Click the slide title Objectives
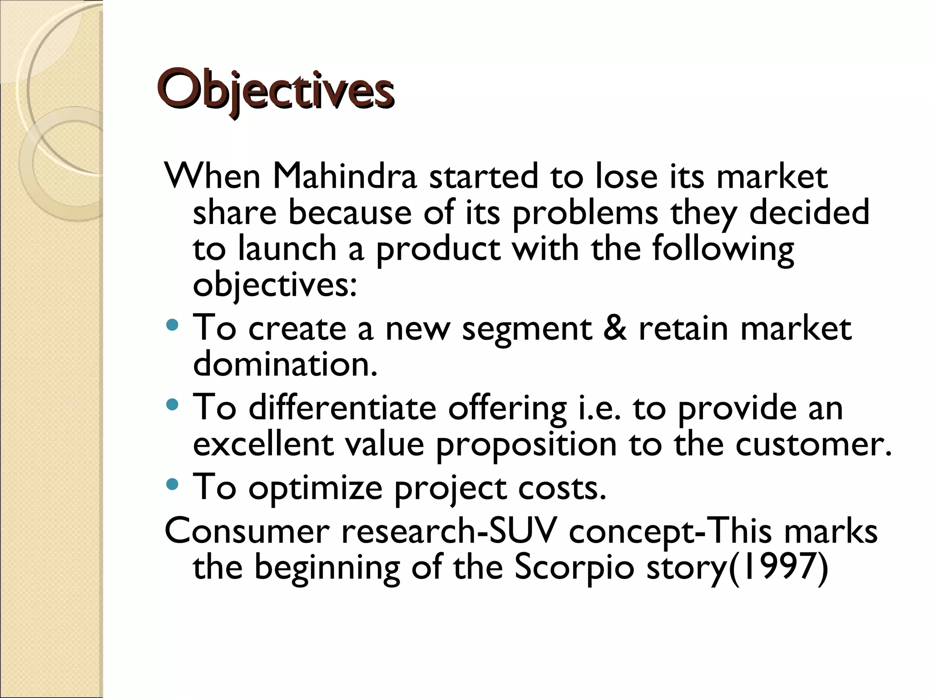pyautogui.click(x=275, y=90)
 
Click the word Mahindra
pyautogui.click(x=345, y=176)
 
